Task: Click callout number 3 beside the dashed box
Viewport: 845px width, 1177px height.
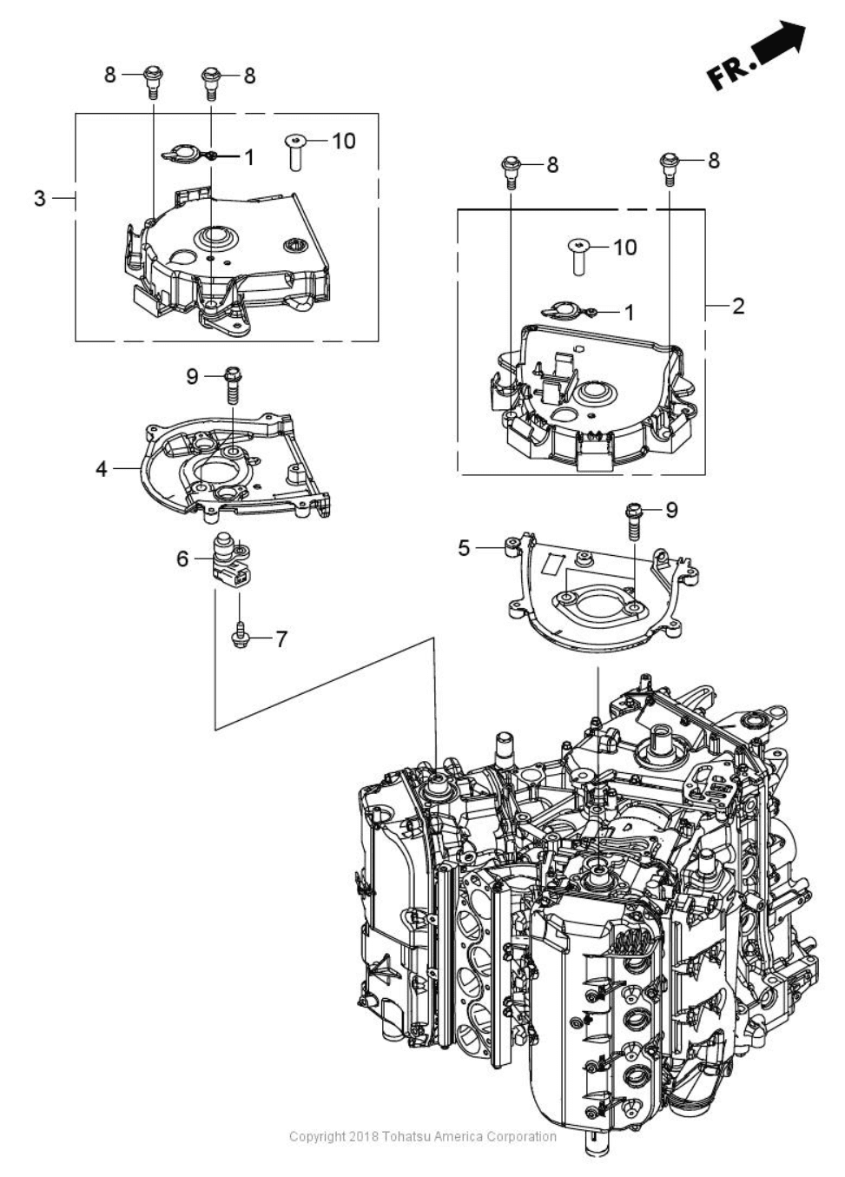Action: tap(39, 198)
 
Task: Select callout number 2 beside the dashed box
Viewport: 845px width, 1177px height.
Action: tap(738, 306)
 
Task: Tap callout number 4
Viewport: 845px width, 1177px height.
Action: tap(102, 469)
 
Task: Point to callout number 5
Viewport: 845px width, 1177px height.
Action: tap(465, 547)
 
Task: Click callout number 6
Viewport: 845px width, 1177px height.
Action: tap(182, 559)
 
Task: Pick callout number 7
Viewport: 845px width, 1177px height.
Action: tap(281, 639)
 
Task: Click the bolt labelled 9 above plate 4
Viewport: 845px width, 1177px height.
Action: tap(233, 384)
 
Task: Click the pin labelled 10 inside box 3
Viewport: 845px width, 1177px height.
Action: tap(296, 153)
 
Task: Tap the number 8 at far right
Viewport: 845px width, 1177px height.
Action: tap(714, 161)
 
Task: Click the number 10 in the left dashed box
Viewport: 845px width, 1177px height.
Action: tap(344, 141)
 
